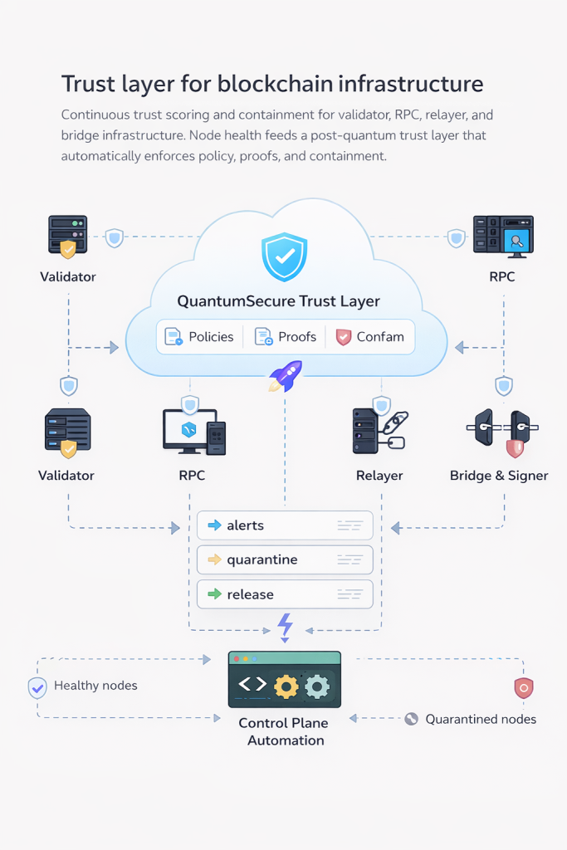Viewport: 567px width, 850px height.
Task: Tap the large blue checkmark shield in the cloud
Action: pos(284,257)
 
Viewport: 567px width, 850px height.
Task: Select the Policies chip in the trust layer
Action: pos(199,337)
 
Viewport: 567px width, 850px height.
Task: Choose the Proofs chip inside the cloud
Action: pos(286,337)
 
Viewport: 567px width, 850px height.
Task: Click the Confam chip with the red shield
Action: pos(370,337)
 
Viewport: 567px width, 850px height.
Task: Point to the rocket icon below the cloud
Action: pos(286,377)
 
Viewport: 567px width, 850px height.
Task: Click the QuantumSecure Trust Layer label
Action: pos(279,302)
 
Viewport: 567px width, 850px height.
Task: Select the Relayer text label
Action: pos(379,476)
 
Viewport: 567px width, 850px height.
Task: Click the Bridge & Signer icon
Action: pos(499,430)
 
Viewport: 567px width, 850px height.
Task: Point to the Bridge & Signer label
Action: pos(499,476)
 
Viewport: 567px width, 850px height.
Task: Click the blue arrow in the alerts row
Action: pos(214,525)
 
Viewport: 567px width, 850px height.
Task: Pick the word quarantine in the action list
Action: pos(262,560)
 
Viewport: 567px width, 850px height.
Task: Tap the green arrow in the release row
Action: pos(214,594)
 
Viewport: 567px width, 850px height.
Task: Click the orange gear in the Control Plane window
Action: pos(286,686)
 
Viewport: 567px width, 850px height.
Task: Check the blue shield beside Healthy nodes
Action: pos(37,687)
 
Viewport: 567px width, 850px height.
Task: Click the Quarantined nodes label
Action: pos(481,719)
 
